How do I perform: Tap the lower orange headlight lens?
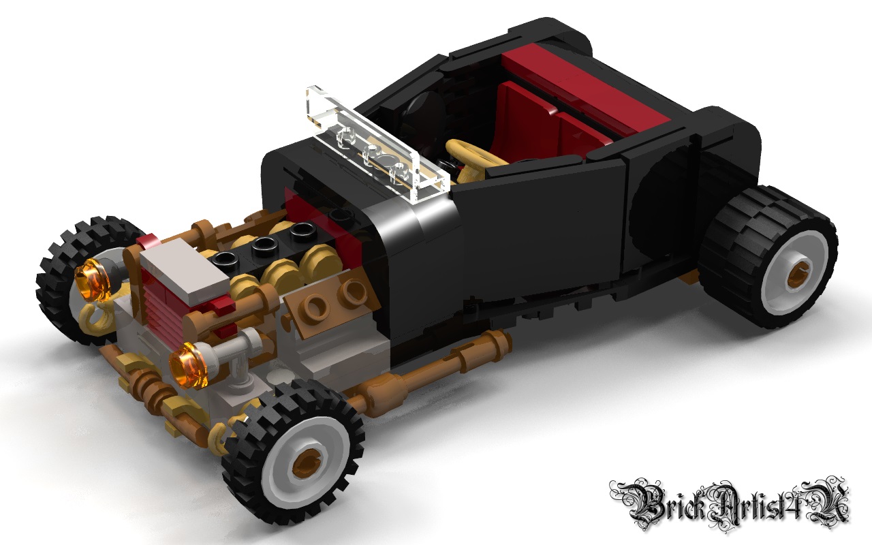click(x=189, y=366)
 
